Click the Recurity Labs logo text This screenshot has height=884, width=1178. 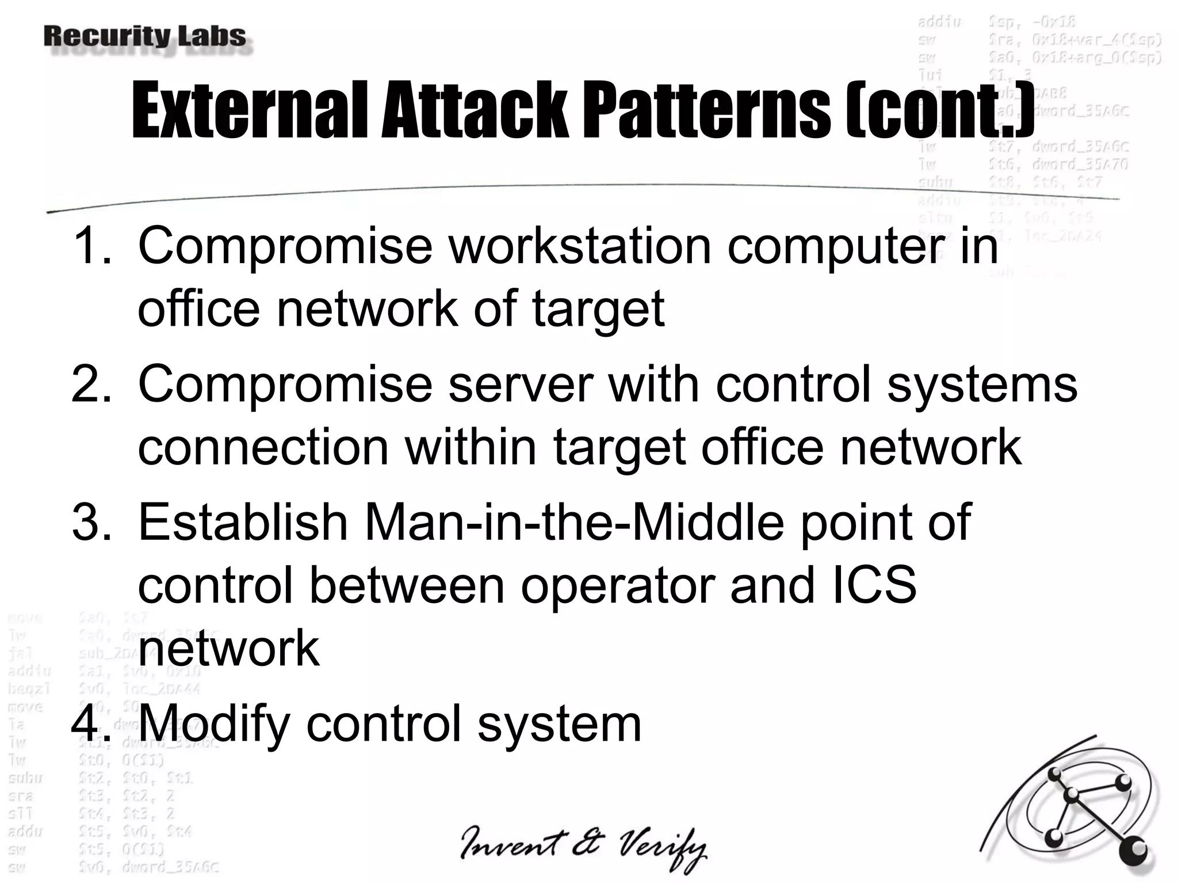click(144, 37)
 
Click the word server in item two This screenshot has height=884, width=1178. click(520, 384)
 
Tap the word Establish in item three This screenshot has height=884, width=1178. click(243, 522)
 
